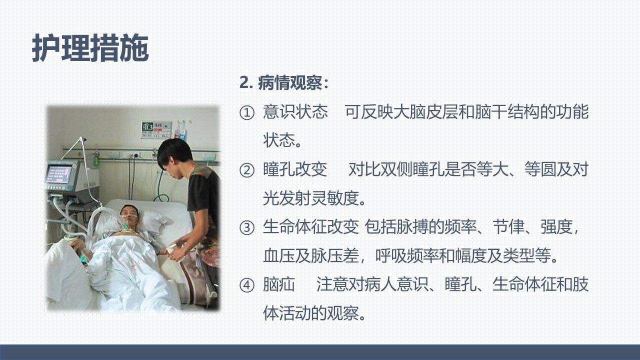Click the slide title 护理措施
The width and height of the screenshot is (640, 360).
click(90, 48)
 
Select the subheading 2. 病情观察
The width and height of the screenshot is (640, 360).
click(284, 83)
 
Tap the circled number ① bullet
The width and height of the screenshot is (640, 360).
click(246, 113)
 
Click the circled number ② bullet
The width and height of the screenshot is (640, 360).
click(246, 170)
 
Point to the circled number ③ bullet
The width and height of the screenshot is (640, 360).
click(246, 228)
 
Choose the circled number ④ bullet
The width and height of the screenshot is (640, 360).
click(246, 285)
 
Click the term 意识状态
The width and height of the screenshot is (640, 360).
click(295, 111)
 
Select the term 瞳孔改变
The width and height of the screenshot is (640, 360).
click(295, 169)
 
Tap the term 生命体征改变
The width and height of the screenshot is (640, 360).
click(311, 227)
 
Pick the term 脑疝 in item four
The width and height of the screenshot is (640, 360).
click(279, 284)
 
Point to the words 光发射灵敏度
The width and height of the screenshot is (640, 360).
click(311, 198)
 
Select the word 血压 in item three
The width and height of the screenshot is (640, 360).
click(279, 255)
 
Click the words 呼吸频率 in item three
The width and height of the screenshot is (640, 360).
click(407, 255)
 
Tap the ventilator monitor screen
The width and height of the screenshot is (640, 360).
click(59, 174)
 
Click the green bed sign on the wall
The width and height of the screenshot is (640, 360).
click(147, 127)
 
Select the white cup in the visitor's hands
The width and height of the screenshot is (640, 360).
click(172, 249)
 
